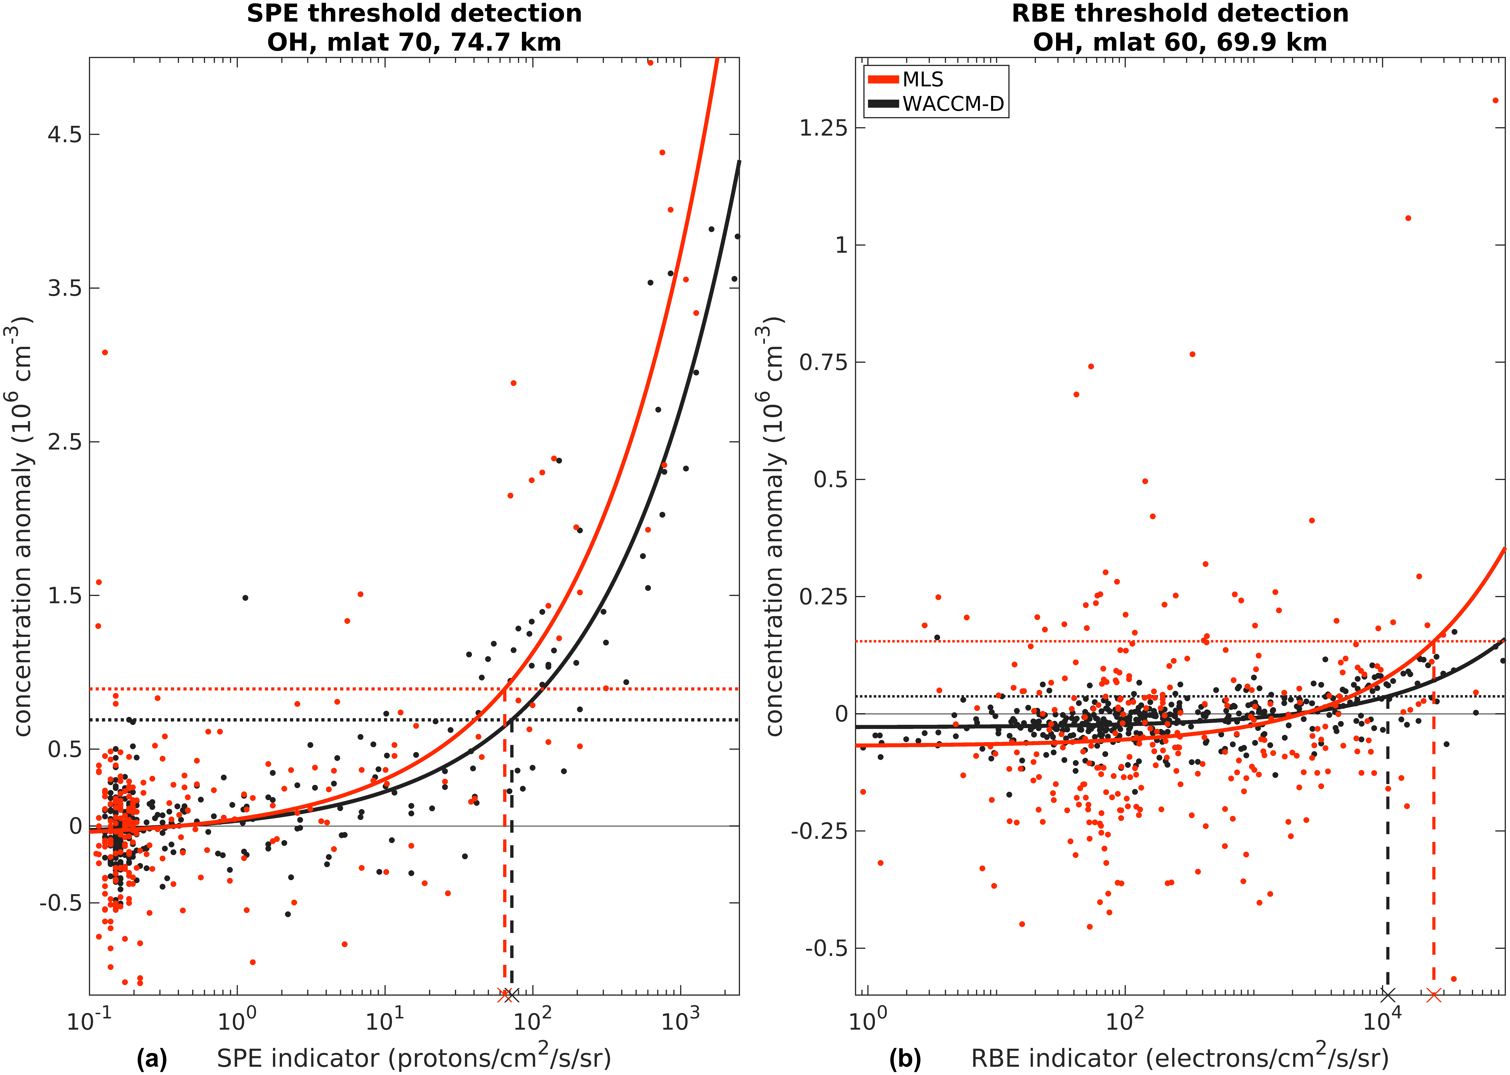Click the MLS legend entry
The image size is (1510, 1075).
[x=922, y=80]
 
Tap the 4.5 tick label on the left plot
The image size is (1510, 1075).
[x=64, y=134]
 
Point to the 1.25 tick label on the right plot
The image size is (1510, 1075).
[x=823, y=128]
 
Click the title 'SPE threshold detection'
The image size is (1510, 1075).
[x=414, y=13]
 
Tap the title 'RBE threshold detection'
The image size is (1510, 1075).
[x=1180, y=13]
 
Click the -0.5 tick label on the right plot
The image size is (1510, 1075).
[x=826, y=948]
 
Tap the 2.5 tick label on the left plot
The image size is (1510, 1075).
[x=64, y=442]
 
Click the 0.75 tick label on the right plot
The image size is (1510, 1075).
[x=823, y=362]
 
